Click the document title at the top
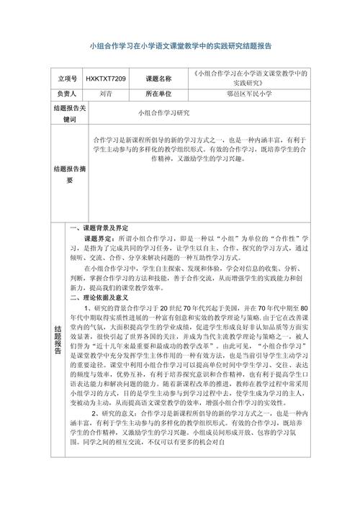pos(179,45)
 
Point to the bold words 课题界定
pos(99,237)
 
